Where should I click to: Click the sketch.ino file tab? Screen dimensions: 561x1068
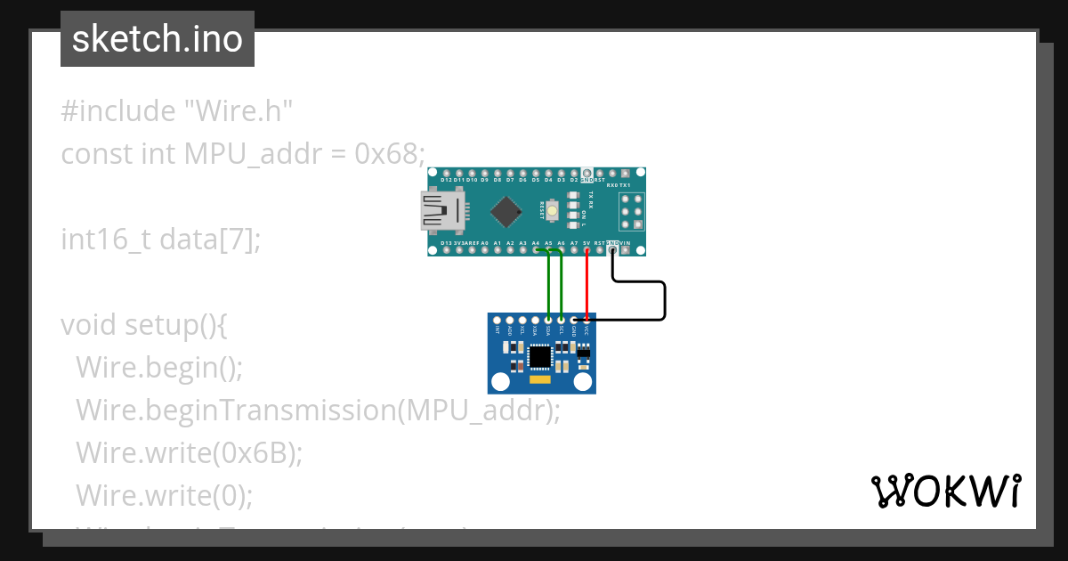click(x=158, y=39)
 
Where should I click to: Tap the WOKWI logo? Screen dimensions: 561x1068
click(x=945, y=491)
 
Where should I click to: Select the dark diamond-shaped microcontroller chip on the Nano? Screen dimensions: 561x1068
click(x=506, y=211)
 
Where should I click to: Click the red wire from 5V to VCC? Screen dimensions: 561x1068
click(x=587, y=285)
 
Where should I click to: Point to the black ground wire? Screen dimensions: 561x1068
click(x=664, y=300)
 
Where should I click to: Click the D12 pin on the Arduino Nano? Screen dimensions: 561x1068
click(x=446, y=173)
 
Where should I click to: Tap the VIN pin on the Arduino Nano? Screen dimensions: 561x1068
click(x=625, y=251)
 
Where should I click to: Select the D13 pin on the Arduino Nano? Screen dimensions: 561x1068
click(x=446, y=251)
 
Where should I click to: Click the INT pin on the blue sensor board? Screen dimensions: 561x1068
click(x=497, y=320)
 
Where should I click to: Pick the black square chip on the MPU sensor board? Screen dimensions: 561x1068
click(x=539, y=357)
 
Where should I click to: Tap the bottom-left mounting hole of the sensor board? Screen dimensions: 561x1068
click(x=500, y=383)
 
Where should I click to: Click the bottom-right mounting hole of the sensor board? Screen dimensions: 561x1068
click(x=584, y=383)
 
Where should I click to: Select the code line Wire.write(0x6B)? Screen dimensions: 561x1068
click(x=189, y=452)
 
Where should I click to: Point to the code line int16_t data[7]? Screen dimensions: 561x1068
click(x=161, y=240)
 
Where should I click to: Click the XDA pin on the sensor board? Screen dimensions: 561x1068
click(x=535, y=320)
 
